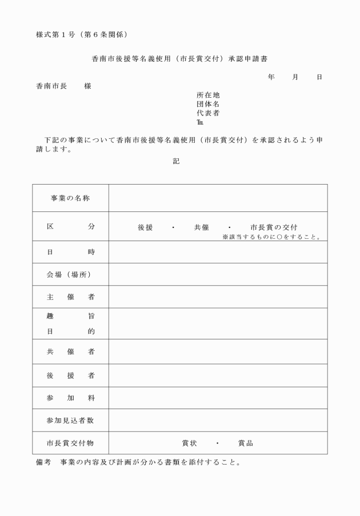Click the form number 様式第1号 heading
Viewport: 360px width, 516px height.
[85, 35]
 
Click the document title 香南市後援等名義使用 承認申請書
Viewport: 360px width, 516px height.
[179, 59]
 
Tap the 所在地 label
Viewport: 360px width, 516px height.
[208, 95]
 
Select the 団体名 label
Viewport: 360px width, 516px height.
[208, 104]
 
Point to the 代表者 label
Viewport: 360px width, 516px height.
[208, 113]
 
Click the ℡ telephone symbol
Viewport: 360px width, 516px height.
[199, 122]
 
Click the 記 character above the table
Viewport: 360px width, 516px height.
[176, 162]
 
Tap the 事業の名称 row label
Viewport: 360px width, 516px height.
[70, 198]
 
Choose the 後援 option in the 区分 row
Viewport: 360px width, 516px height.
[145, 227]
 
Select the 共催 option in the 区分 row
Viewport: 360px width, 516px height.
[201, 227]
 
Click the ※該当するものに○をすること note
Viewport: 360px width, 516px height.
[271, 236]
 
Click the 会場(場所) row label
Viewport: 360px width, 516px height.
[70, 274]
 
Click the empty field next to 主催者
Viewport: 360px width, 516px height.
[218, 297]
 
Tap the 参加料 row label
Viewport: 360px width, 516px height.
[70, 397]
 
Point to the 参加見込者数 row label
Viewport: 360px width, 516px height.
[70, 420]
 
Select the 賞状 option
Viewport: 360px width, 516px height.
[189, 443]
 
